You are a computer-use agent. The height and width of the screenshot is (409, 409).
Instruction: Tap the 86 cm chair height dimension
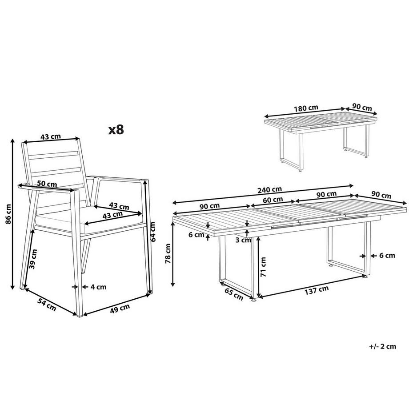tap(8, 215)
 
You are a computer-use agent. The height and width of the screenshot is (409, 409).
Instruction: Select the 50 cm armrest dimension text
tap(47, 184)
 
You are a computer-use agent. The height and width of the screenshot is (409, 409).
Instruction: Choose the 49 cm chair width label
tap(120, 307)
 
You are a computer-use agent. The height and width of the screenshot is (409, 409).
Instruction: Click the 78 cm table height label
tap(168, 254)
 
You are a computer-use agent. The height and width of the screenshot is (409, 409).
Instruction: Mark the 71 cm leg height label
tap(263, 267)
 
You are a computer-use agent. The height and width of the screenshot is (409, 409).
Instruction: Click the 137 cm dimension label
tap(317, 289)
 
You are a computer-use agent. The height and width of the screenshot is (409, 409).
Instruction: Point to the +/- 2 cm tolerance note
tap(383, 346)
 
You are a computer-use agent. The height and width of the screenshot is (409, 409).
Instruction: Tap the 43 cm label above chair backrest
tap(51, 136)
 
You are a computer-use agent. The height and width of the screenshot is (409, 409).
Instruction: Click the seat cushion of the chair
tap(89, 218)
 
